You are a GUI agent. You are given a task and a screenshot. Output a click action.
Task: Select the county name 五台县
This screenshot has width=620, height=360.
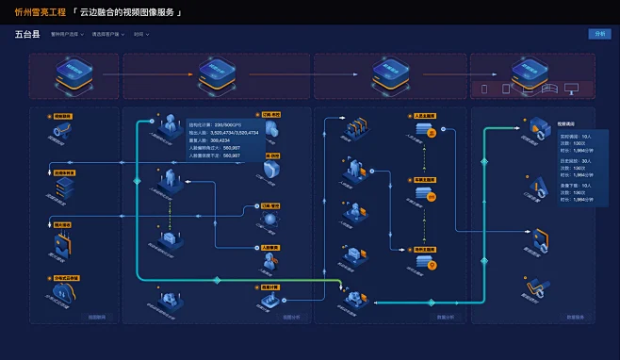28,34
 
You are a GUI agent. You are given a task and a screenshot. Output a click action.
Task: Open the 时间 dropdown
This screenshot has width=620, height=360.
140,35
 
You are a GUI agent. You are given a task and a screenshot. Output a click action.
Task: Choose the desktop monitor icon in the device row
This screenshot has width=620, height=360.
571,89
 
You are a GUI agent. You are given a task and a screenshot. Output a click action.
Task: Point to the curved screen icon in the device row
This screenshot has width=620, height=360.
548,89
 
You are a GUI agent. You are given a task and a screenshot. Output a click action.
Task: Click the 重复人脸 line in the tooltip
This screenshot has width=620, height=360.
204,139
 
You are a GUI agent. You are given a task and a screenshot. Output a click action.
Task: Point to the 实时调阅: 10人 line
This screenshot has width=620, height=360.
576,136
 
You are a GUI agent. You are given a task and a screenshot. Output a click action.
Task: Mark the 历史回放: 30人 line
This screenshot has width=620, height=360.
576,161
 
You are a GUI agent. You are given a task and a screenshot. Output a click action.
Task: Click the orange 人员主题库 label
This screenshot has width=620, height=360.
426,116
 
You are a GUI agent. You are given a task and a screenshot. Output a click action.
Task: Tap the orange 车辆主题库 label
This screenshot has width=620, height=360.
426,179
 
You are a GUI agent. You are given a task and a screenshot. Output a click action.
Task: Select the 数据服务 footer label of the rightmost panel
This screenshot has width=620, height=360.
576,318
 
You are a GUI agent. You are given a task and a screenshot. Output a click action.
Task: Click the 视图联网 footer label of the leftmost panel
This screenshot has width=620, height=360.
97,318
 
